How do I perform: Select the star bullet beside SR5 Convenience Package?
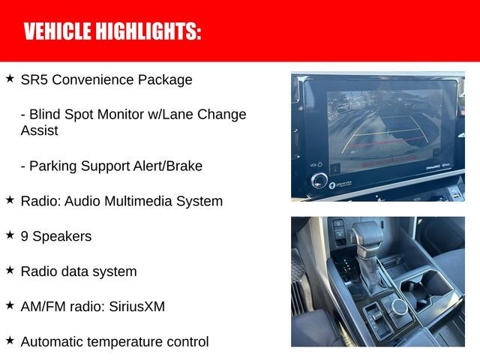[10, 78]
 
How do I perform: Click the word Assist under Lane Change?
[40, 130]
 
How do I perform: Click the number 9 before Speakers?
[25, 236]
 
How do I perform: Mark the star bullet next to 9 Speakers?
[10, 235]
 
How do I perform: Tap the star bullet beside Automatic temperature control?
[10, 340]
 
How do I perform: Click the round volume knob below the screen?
[320, 181]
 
